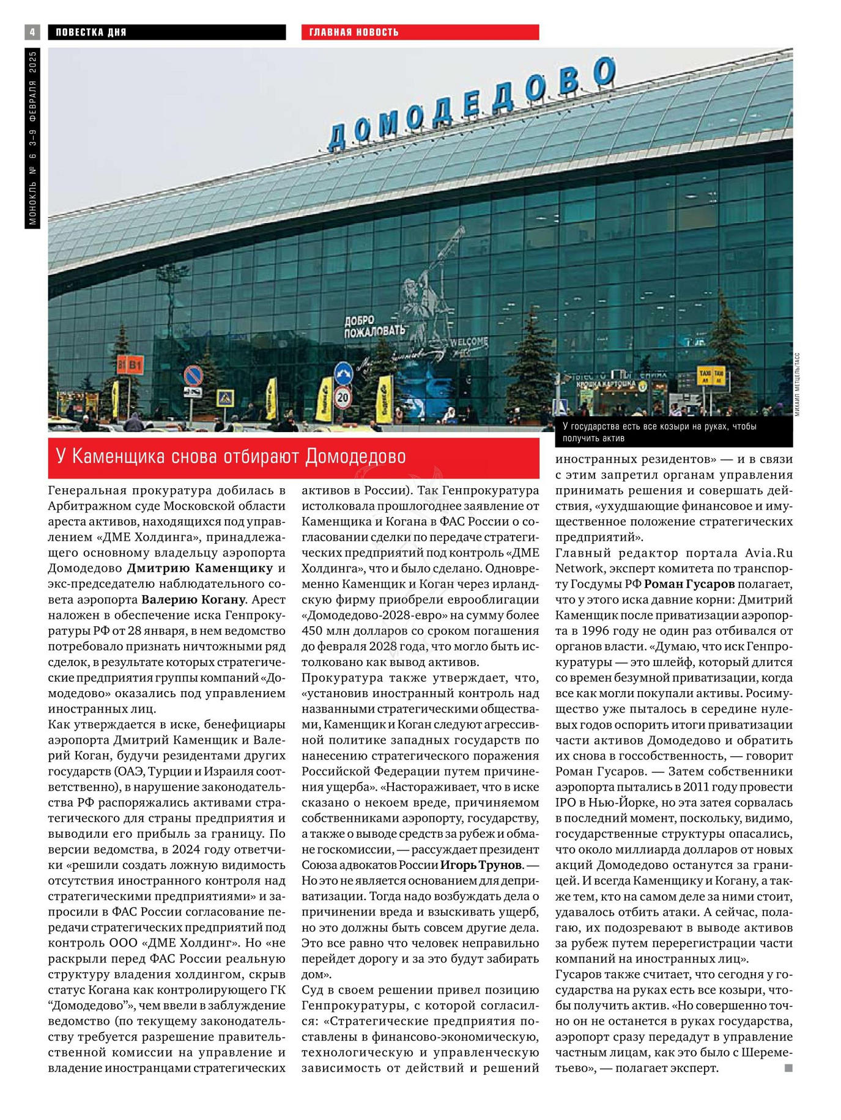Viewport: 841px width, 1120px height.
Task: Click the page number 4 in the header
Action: [32, 32]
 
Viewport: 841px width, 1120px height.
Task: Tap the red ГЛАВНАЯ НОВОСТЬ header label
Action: [354, 32]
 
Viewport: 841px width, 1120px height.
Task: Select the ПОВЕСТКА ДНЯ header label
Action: [91, 32]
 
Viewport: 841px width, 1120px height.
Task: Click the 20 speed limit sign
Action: [343, 398]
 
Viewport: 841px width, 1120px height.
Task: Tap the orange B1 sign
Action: [130, 365]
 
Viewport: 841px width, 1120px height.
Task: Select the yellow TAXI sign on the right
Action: [711, 375]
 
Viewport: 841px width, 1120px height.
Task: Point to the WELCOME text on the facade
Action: [469, 342]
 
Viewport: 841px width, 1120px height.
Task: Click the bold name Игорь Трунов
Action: [481, 865]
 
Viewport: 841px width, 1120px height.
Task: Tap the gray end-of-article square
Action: [788, 1067]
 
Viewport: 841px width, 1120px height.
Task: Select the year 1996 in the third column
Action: [597, 631]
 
